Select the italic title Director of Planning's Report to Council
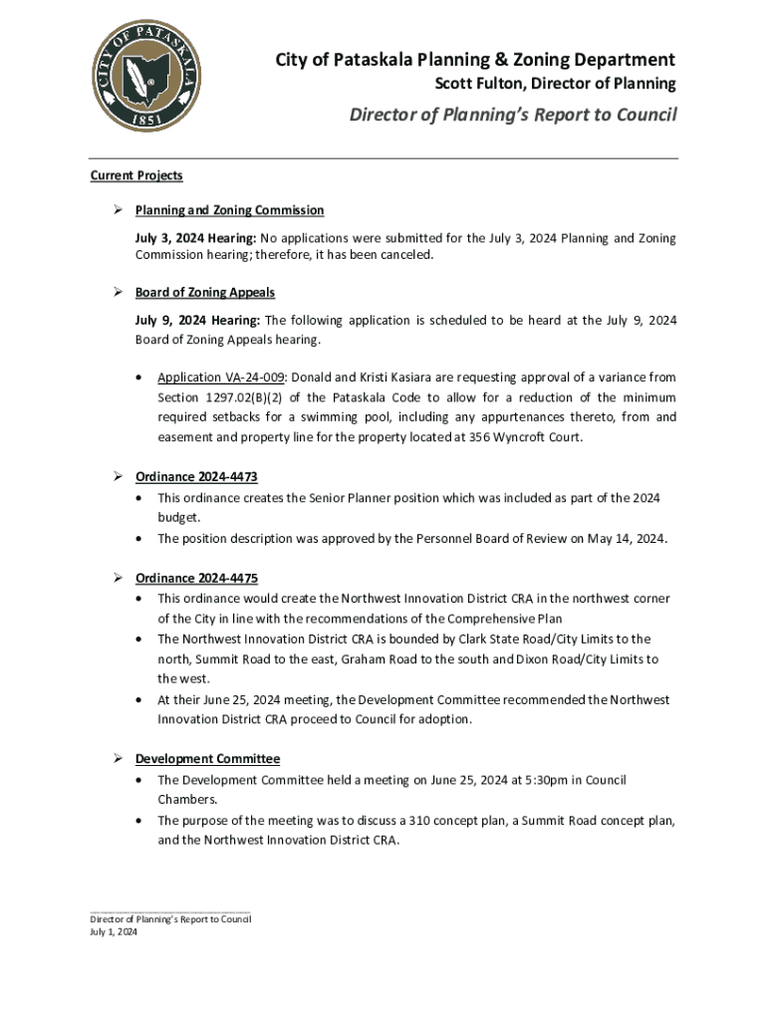click(512, 115)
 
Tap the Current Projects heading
click(136, 175)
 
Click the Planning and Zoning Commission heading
click(230, 210)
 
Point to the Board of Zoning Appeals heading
click(205, 293)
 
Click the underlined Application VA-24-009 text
click(221, 378)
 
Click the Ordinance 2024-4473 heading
click(197, 477)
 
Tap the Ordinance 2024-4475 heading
click(197, 578)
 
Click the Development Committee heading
click(208, 759)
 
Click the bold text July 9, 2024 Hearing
click(197, 320)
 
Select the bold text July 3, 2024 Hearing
click(196, 238)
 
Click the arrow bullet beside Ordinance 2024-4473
click(117, 477)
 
